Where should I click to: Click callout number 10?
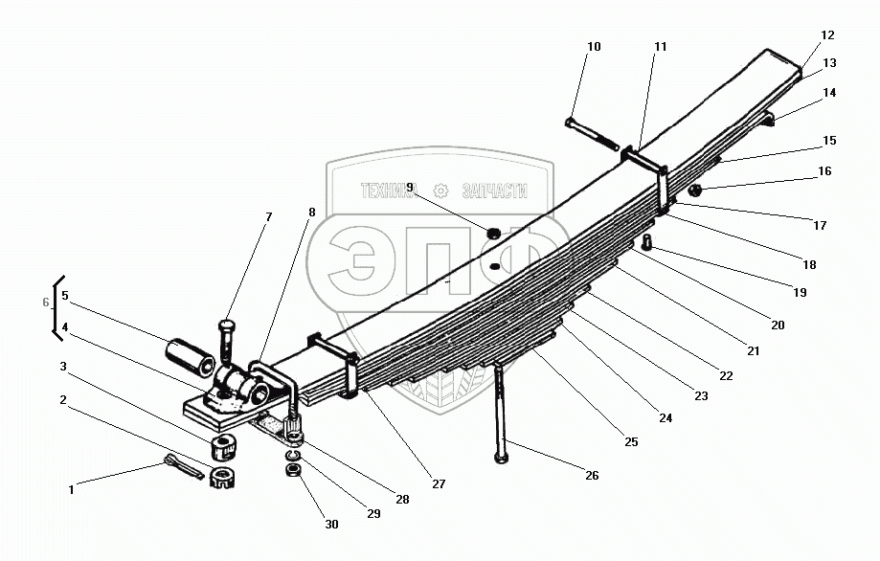(x=594, y=46)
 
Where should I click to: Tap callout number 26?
(x=592, y=475)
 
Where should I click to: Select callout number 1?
(x=70, y=490)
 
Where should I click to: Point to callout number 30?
(x=330, y=525)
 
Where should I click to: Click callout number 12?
(x=827, y=35)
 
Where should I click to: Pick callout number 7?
(x=268, y=217)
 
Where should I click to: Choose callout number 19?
(x=800, y=292)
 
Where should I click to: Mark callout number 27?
(x=438, y=484)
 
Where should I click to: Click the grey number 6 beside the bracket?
(x=45, y=303)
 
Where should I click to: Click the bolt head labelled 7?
(x=227, y=326)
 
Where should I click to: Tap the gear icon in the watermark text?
(x=441, y=190)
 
